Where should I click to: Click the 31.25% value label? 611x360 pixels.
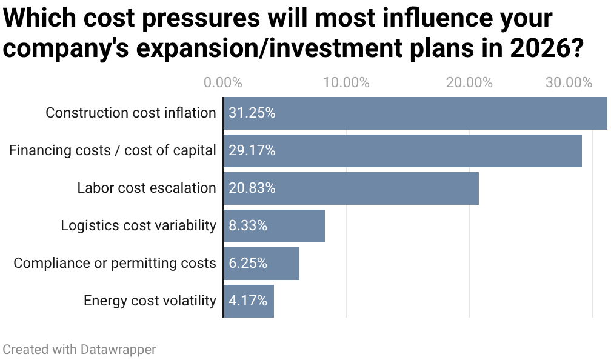[x=252, y=113]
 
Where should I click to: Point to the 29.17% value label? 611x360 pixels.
[x=252, y=151]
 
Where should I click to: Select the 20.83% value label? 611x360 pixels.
[x=252, y=188]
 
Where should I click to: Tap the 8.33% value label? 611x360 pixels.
[x=248, y=226]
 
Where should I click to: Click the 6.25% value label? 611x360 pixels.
[x=248, y=264]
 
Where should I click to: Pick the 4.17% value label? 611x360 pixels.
[x=248, y=301]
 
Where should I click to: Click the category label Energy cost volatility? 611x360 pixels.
[x=150, y=301]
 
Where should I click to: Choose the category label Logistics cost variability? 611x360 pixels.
[x=138, y=226]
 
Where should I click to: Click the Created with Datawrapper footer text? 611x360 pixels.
[x=79, y=350]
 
